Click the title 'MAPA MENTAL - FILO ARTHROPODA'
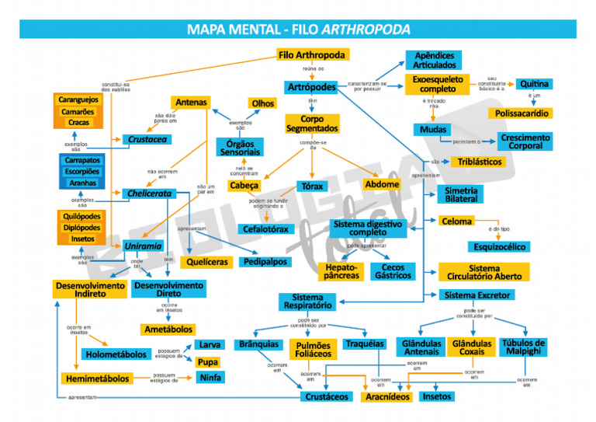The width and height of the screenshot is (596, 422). pyautogui.click(x=298, y=30)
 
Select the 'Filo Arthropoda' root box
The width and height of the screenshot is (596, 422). pyautogui.click(x=311, y=55)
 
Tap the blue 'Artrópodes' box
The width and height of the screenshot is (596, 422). pyautogui.click(x=311, y=87)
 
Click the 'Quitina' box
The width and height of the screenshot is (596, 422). pyautogui.click(x=535, y=84)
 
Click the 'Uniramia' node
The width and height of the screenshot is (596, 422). pyautogui.click(x=143, y=246)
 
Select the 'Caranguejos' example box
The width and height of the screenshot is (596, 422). pyautogui.click(x=78, y=99)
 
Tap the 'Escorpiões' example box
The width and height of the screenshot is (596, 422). pyautogui.click(x=82, y=172)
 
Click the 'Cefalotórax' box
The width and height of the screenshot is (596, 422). pyautogui.click(x=265, y=229)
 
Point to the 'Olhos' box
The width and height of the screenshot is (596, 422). pyautogui.click(x=262, y=103)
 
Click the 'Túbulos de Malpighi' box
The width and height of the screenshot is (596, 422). pyautogui.click(x=523, y=347)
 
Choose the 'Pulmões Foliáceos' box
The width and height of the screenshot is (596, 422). pyautogui.click(x=314, y=350)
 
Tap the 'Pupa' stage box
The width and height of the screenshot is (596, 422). pyautogui.click(x=207, y=362)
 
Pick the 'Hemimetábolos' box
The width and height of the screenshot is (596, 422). pyautogui.click(x=95, y=379)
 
